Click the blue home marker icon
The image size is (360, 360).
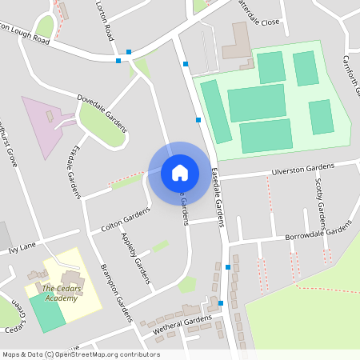click(x=180, y=172)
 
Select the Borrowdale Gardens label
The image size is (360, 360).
click(x=318, y=232)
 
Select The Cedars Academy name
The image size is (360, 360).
click(x=61, y=293)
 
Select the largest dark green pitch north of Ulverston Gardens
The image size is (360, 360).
click(x=256, y=102)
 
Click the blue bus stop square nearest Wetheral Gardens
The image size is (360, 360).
click(x=221, y=303)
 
